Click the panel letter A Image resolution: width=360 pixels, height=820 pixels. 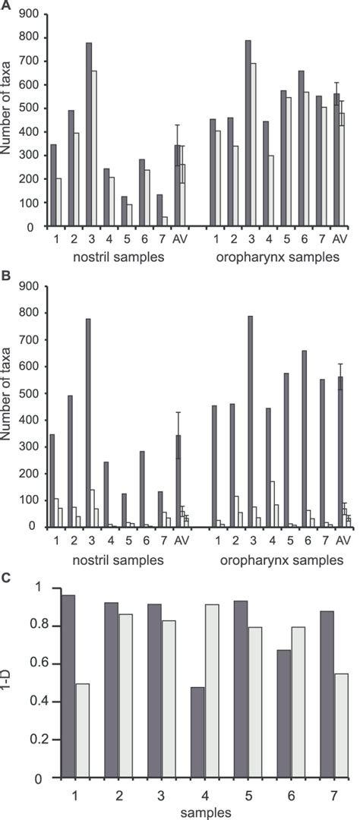5,5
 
